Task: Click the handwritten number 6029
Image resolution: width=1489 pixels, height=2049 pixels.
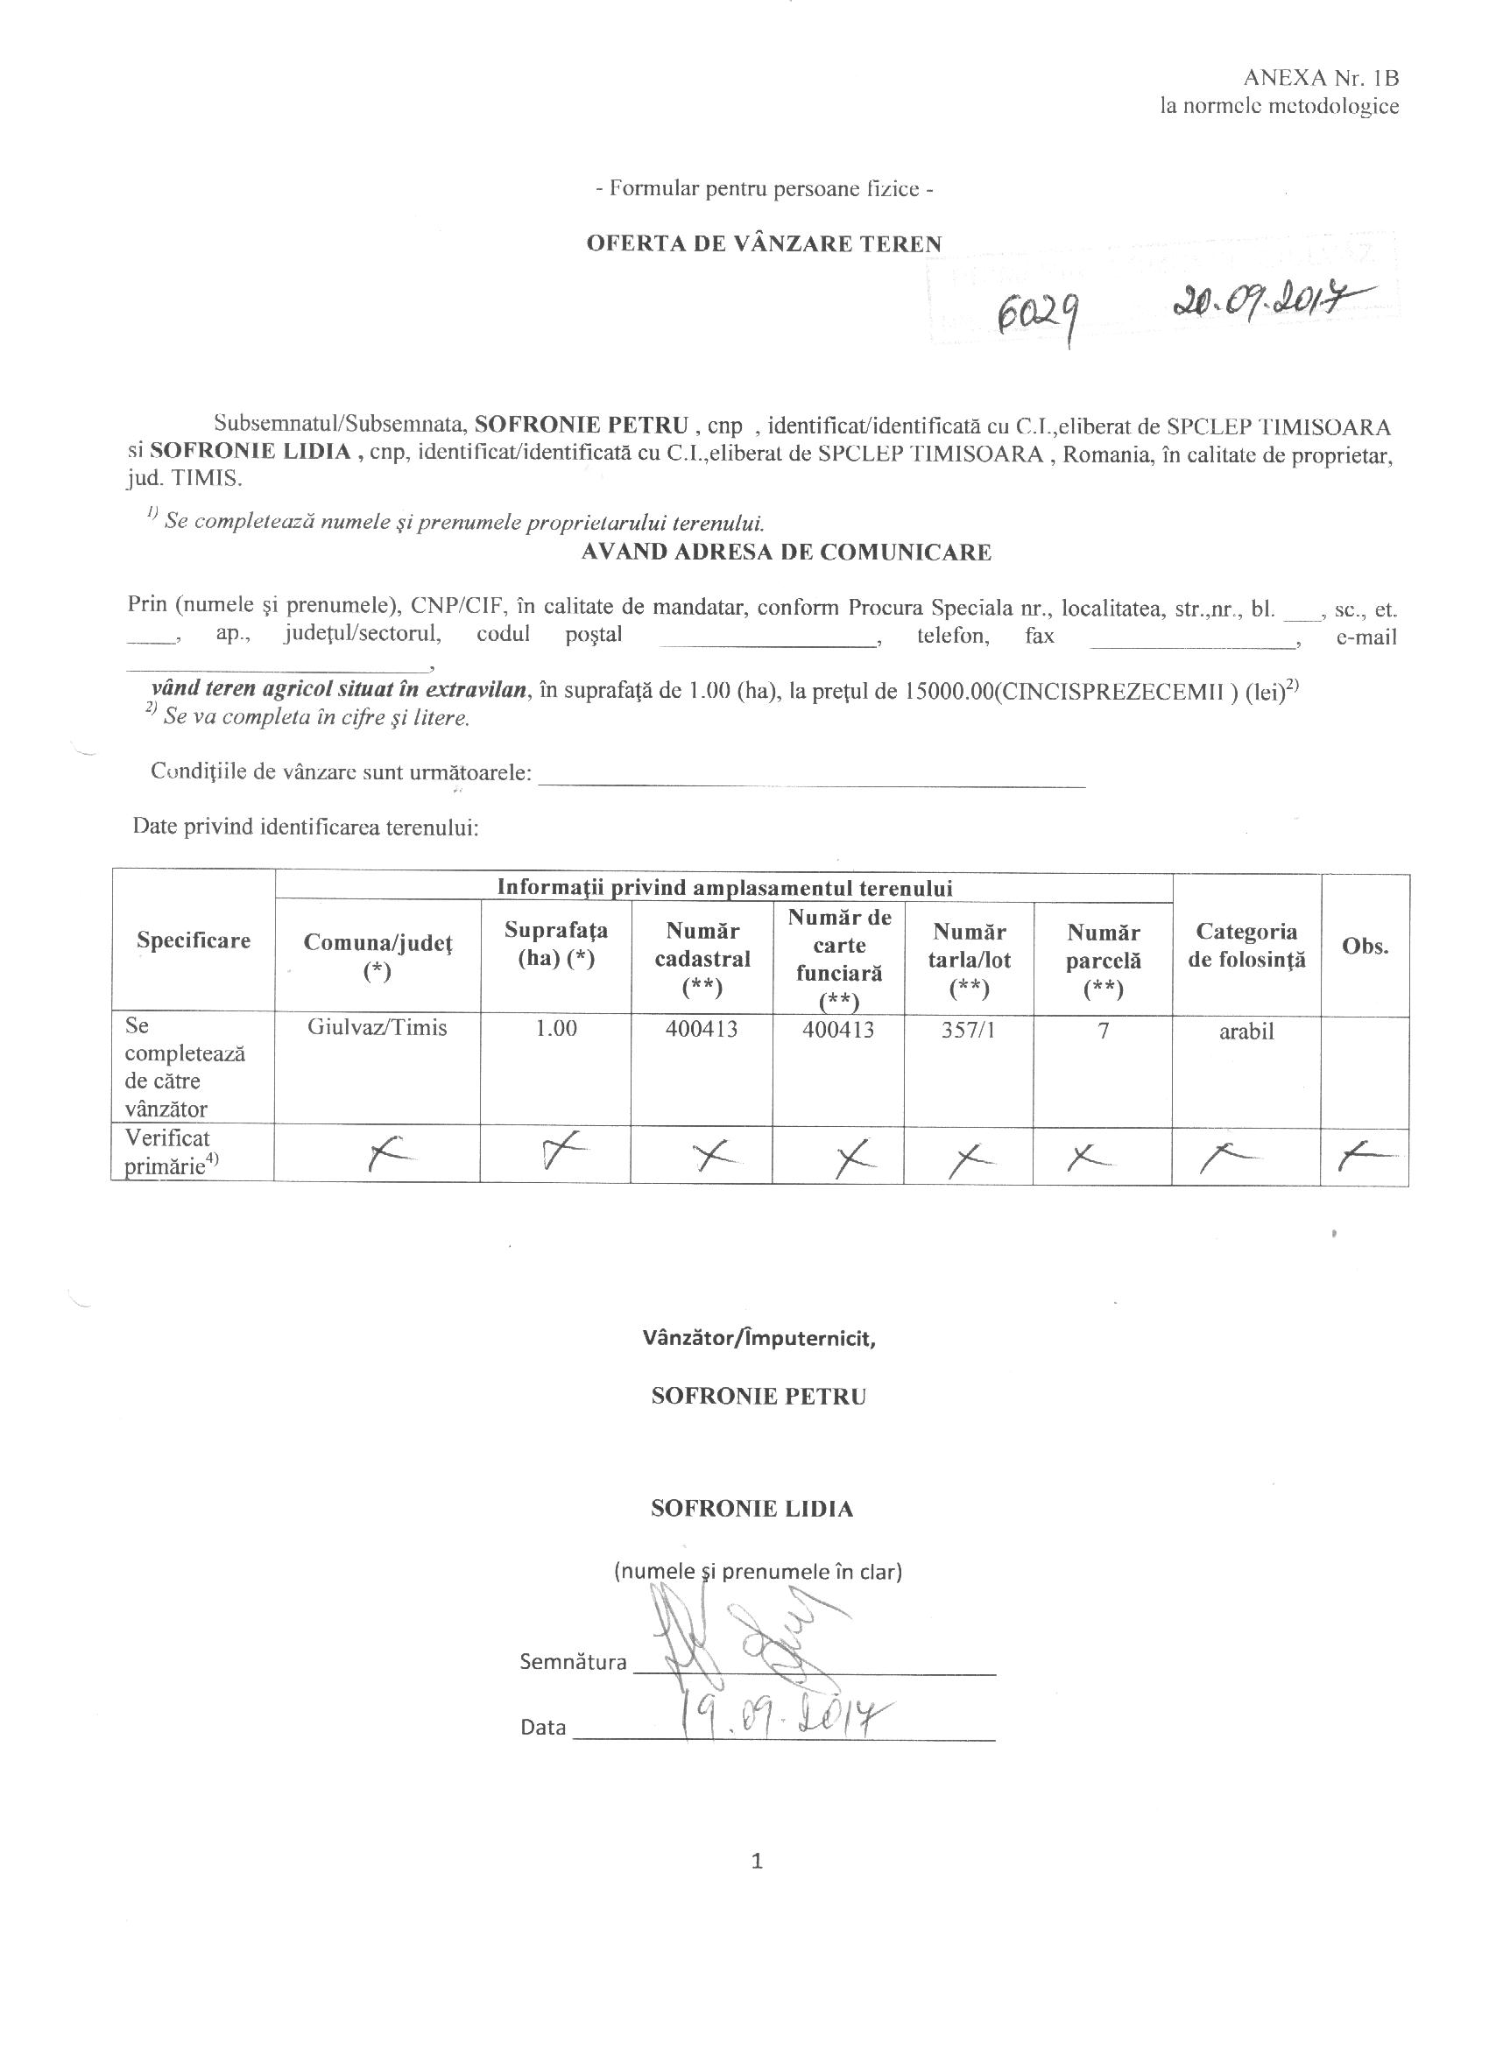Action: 1035,316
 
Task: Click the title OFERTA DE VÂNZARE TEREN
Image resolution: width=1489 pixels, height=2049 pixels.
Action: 764,243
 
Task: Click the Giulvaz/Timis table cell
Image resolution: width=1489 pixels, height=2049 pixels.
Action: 377,1028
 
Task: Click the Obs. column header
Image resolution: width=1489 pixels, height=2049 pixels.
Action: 1365,946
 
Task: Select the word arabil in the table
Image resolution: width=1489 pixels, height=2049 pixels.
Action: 1246,1032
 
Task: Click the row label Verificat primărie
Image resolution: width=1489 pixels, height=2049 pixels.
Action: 172,1151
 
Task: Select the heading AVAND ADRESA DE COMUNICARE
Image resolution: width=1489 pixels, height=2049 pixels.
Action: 786,552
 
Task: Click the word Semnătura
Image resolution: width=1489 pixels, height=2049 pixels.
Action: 573,1662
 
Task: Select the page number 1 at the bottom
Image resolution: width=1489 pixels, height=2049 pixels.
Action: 757,1860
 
